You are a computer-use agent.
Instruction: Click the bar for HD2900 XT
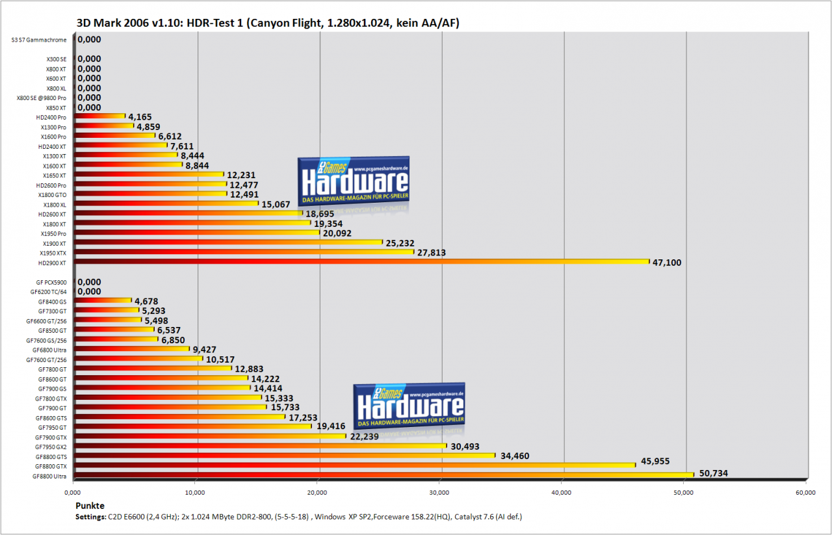[x=361, y=261]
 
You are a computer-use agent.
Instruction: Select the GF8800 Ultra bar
[x=383, y=475]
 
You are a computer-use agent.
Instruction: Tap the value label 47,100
[x=667, y=263]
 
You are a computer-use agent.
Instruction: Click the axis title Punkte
[x=90, y=506]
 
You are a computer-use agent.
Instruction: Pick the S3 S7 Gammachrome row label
[x=39, y=40]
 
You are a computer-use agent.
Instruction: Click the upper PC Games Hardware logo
[x=354, y=181]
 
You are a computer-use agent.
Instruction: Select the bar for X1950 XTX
[x=244, y=252]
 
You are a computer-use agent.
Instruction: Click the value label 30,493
[x=465, y=447]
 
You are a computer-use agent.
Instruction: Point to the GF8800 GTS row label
[x=51, y=457]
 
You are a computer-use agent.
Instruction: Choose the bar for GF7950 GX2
[x=260, y=446]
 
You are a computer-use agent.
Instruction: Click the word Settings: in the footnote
[x=91, y=517]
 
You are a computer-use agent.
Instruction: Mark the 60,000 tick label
[x=805, y=493]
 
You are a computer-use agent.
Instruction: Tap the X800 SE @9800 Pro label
[x=41, y=98]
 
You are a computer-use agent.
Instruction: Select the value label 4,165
[x=140, y=117]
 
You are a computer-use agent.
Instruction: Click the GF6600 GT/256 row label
[x=46, y=321]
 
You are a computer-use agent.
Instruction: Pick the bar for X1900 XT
[x=228, y=242]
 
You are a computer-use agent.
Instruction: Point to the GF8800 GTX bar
[x=354, y=465]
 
